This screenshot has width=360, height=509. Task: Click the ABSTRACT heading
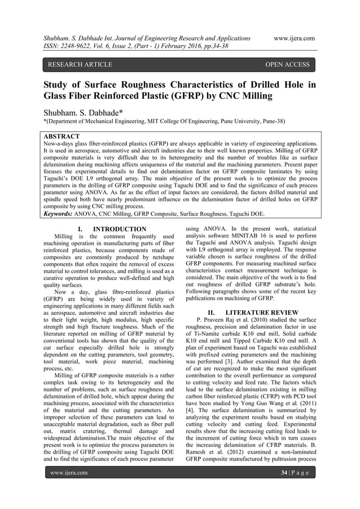(62, 137)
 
